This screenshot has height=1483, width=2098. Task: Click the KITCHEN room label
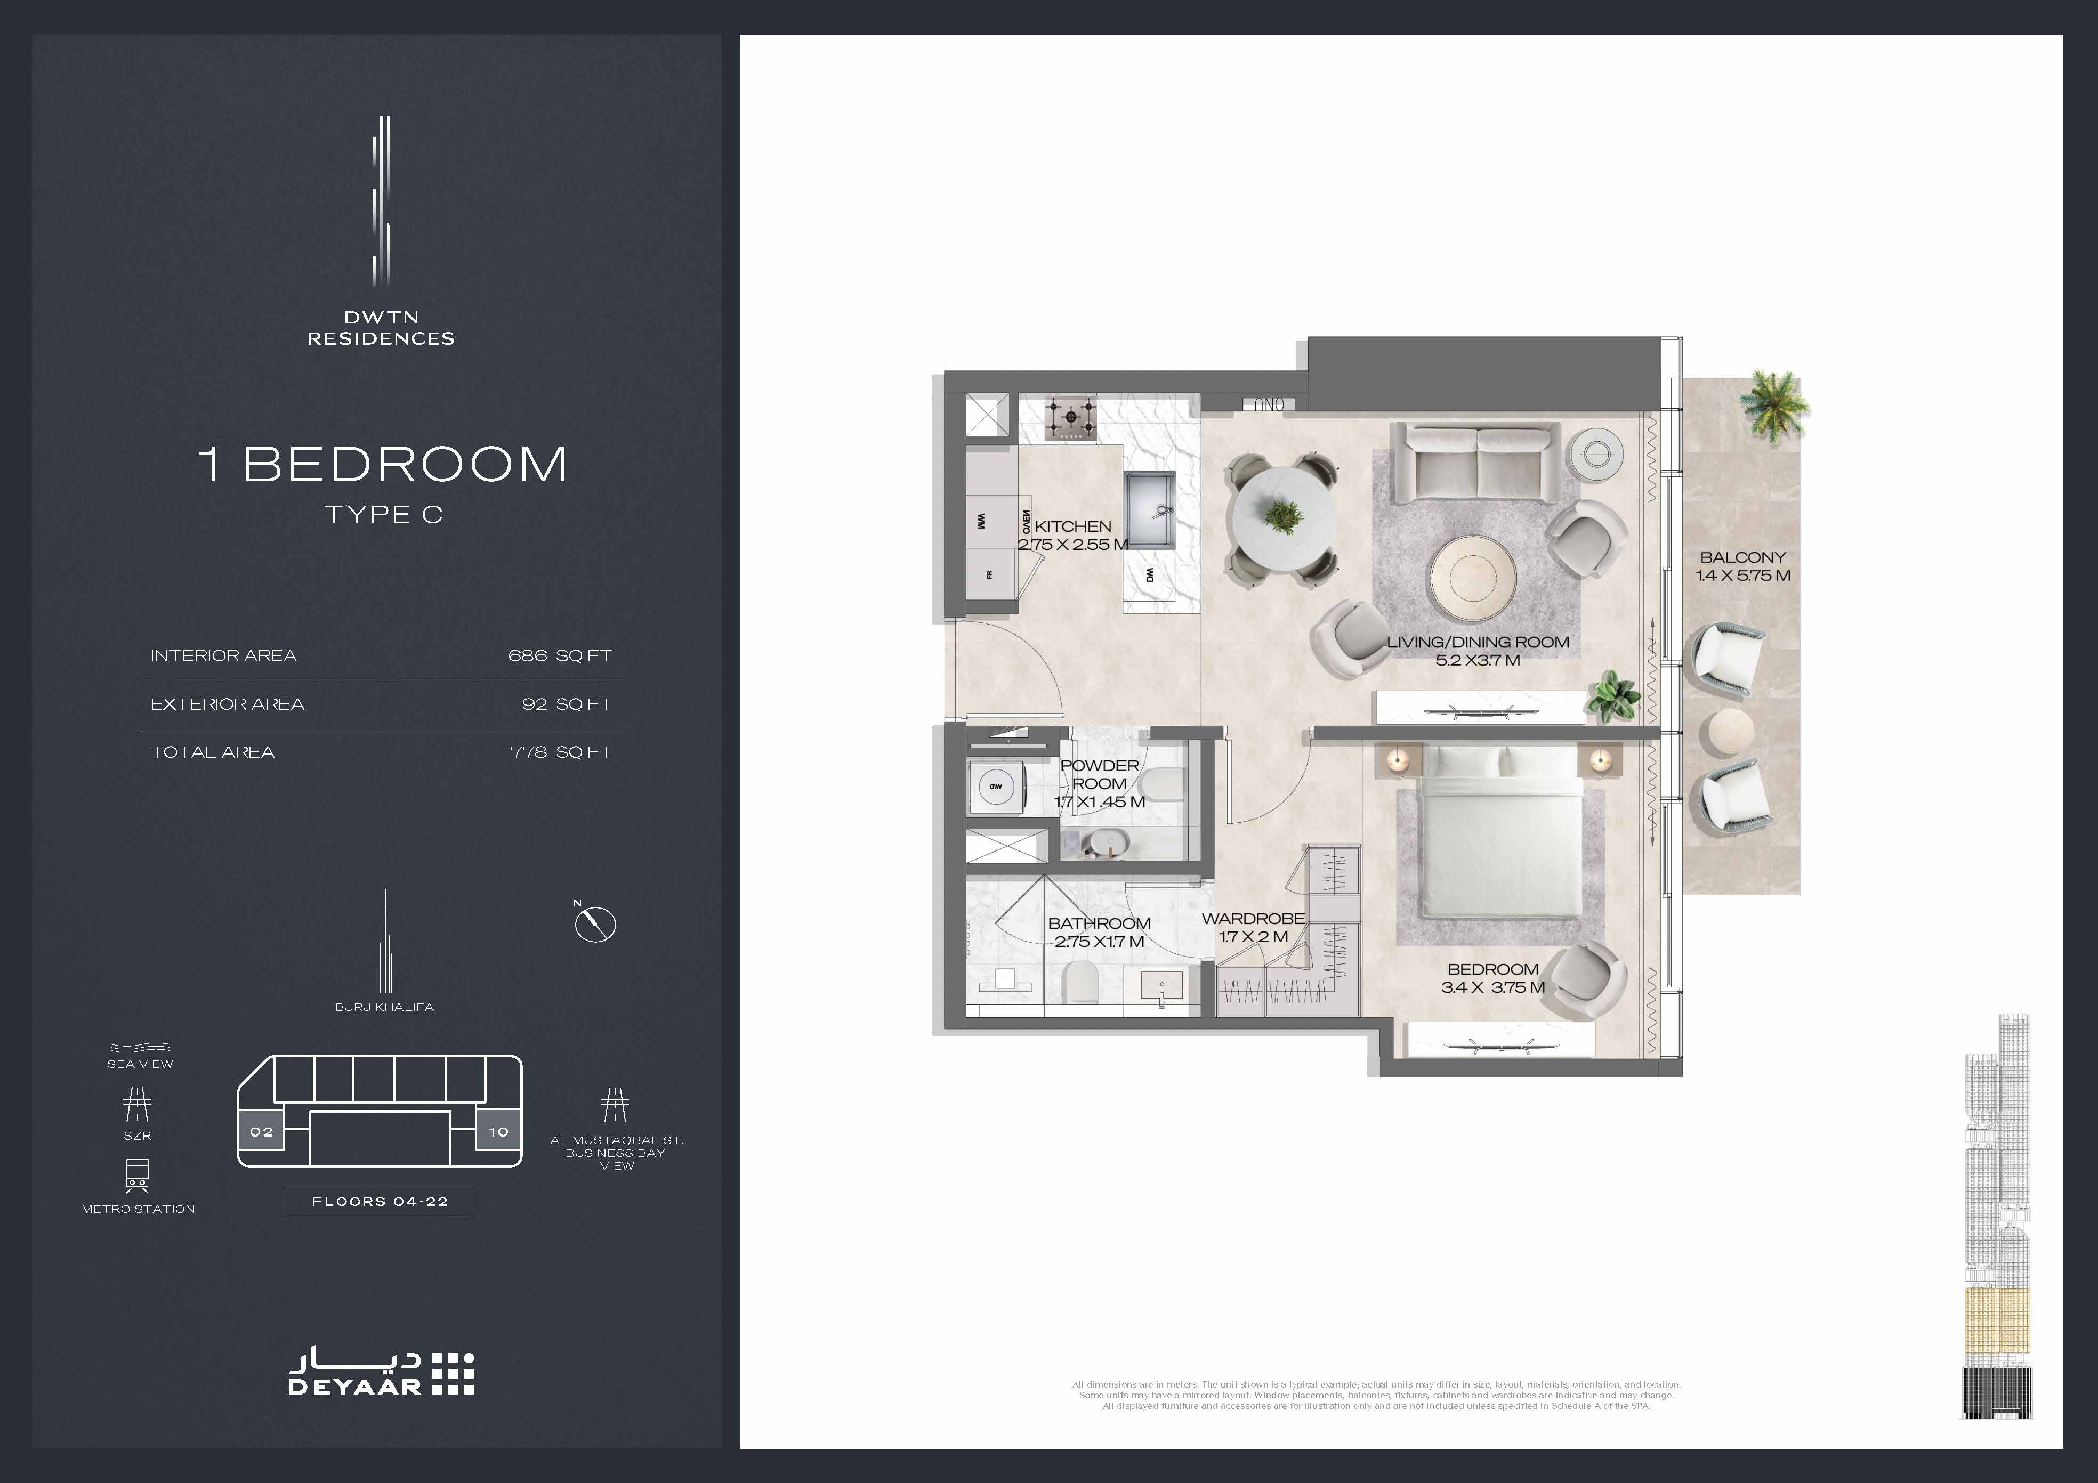click(1073, 526)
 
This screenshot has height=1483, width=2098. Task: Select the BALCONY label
click(1742, 557)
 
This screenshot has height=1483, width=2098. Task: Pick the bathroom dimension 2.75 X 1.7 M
click(1099, 941)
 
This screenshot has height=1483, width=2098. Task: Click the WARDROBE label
click(1253, 918)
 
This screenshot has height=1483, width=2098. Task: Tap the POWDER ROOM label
click(1099, 774)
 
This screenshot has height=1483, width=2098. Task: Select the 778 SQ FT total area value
click(560, 752)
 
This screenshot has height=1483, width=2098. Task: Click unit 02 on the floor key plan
click(261, 1131)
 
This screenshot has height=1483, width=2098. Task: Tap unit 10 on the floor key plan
click(498, 1131)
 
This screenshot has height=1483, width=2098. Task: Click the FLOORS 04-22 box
click(380, 1202)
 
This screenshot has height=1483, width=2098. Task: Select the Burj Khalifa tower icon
click(385, 941)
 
